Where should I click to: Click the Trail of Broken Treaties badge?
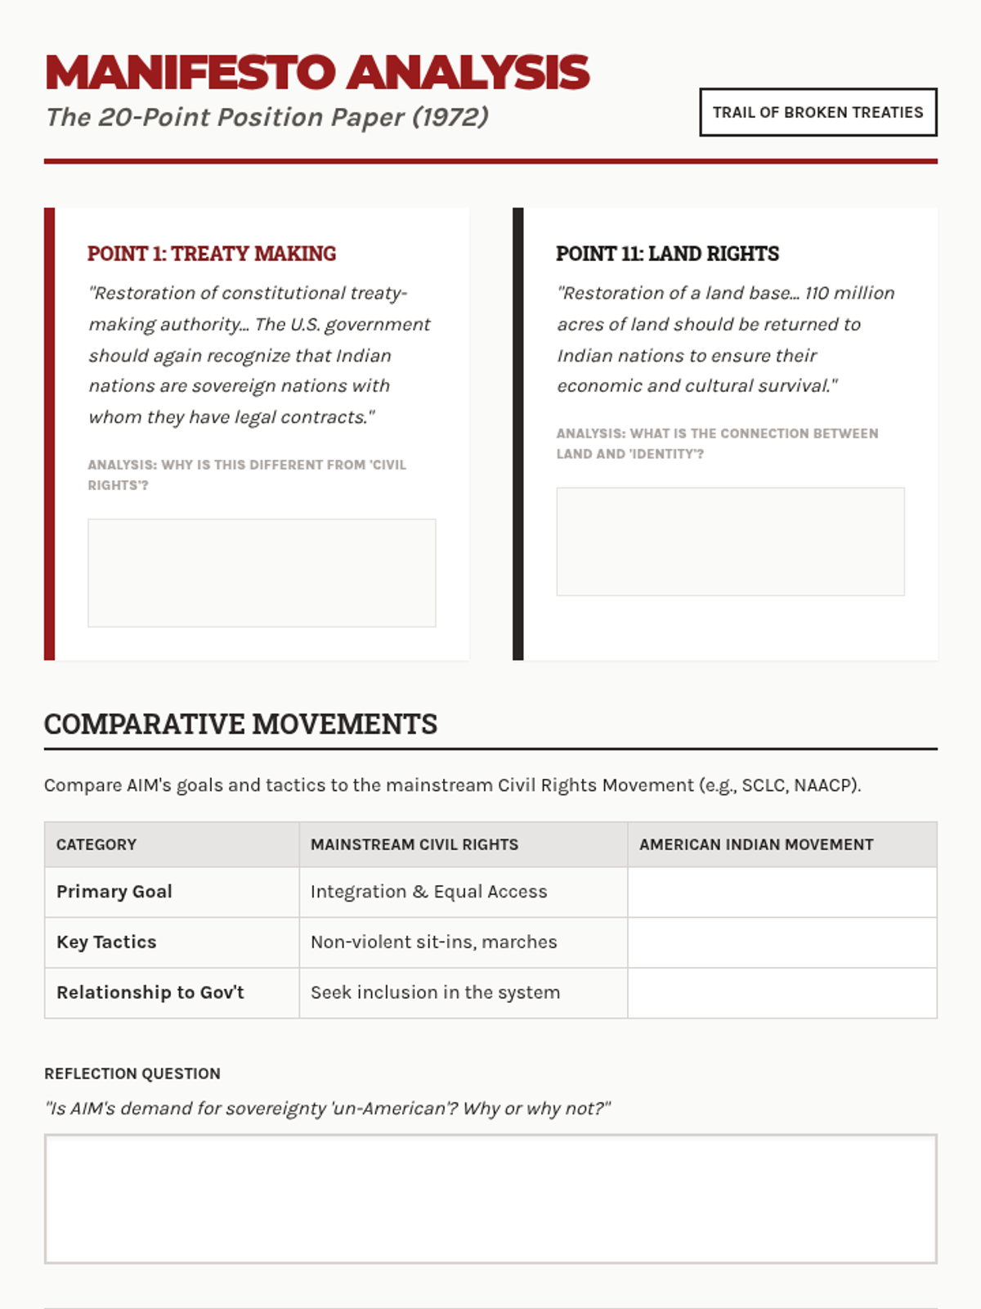(x=817, y=112)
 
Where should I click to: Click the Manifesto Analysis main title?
(x=317, y=72)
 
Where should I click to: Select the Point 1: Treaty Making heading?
(x=212, y=254)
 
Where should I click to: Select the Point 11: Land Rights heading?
(x=667, y=254)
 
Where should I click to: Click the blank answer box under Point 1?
(x=262, y=573)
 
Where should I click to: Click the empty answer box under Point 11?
(x=730, y=542)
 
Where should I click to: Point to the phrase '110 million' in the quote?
(x=849, y=293)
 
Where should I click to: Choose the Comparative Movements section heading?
(x=240, y=724)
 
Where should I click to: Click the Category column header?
(x=96, y=844)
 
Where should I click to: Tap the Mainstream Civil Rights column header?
(x=414, y=844)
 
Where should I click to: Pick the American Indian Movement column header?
(x=756, y=844)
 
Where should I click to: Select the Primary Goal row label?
(x=114, y=892)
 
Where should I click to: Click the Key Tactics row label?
(x=106, y=942)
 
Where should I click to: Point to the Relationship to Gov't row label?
(x=150, y=992)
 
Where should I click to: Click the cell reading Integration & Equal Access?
(x=428, y=892)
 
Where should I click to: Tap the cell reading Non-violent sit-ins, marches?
(x=433, y=942)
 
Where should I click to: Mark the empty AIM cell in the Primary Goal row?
(x=782, y=892)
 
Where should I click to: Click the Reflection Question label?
(x=132, y=1073)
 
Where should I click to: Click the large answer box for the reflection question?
(x=490, y=1199)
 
